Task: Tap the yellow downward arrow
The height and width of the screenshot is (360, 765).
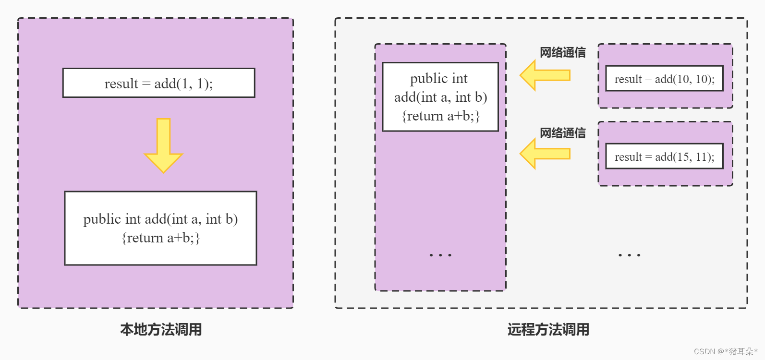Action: [163, 146]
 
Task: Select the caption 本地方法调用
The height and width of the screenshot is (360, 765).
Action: [161, 330]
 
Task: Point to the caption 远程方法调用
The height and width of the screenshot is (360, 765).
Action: [548, 330]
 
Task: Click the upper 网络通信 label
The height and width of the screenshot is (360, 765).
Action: [562, 52]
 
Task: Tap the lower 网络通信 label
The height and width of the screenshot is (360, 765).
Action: [562, 133]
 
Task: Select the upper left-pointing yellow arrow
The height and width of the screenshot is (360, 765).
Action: [545, 75]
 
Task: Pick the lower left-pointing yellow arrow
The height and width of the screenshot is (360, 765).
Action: [545, 154]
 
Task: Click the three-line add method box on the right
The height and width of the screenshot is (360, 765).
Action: [440, 97]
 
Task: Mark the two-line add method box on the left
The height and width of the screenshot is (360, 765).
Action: [160, 228]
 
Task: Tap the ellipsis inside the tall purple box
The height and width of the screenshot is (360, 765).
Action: [440, 255]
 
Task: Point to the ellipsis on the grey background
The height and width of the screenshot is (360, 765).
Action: [629, 255]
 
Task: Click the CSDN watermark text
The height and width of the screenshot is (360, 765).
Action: [725, 351]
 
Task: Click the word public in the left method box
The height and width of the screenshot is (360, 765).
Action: [102, 219]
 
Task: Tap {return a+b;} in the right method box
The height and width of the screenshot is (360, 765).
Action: [441, 116]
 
